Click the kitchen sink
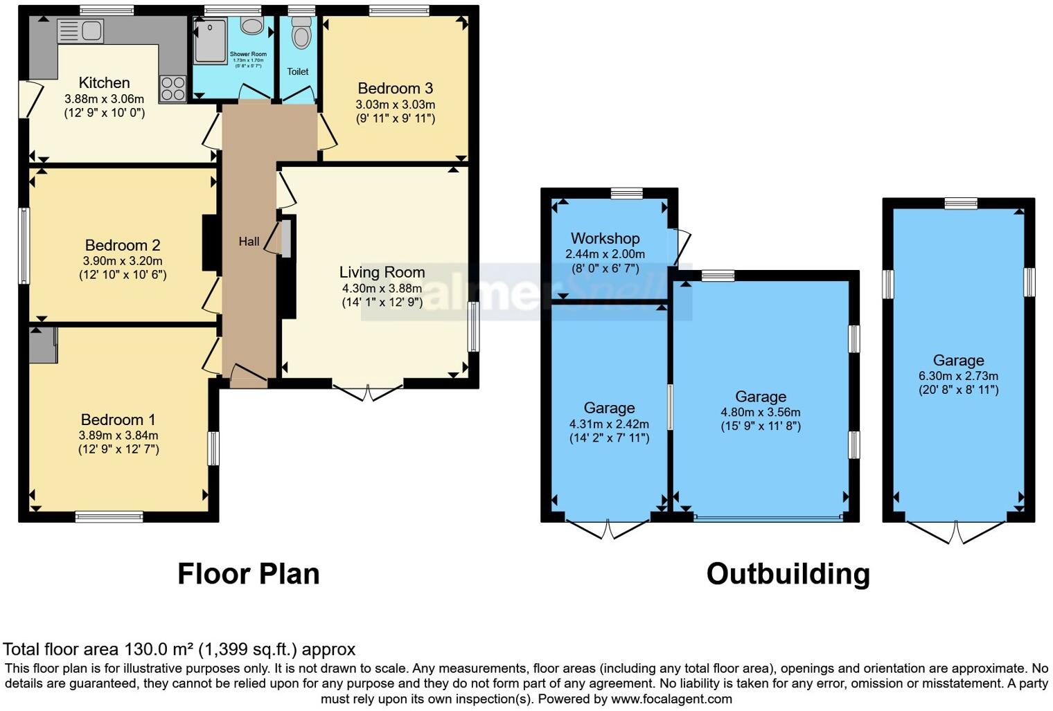80,31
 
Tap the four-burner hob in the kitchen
172,89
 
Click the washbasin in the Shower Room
251,26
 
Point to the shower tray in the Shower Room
211,41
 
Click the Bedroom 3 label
395,88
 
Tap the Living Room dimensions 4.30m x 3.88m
382,288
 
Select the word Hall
249,241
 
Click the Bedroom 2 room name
123,245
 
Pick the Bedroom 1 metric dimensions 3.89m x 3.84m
118,435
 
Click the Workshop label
605,238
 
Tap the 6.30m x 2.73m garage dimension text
958,376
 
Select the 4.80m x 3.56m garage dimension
761,412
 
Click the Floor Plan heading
249,574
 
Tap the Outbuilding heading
788,574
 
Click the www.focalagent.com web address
671,699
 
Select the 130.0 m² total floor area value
159,649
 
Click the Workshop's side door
682,246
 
